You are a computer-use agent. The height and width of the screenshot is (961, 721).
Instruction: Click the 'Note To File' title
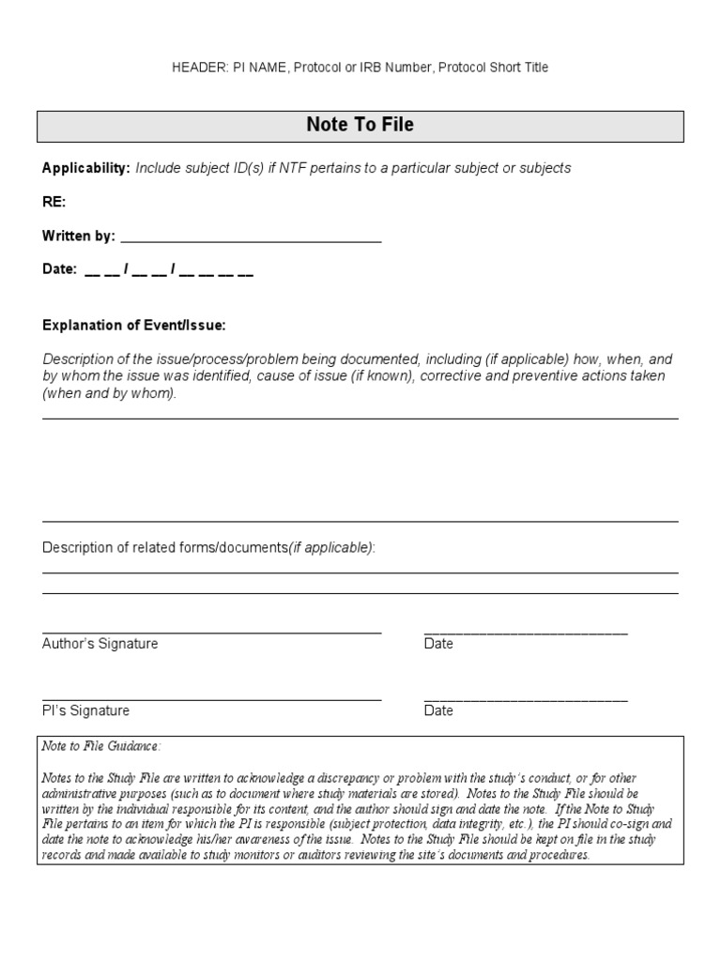[x=360, y=125]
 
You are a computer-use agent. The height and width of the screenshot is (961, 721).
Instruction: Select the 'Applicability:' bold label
[x=86, y=168]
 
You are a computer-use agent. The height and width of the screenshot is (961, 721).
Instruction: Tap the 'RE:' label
[x=54, y=202]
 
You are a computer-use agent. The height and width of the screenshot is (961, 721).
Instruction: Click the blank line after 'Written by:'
[x=251, y=238]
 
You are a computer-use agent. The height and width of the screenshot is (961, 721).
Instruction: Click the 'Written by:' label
[x=78, y=236]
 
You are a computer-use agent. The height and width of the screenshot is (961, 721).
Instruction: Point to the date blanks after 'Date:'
[x=169, y=270]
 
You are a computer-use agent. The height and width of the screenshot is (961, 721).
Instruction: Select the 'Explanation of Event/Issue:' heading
[x=134, y=326]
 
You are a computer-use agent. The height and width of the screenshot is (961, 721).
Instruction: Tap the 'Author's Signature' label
[x=100, y=644]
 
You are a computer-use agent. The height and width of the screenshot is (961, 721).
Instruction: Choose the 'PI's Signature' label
[x=85, y=711]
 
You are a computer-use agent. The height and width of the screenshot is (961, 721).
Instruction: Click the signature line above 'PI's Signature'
[x=211, y=700]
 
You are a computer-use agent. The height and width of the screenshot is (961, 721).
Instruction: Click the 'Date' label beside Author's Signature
[x=438, y=644]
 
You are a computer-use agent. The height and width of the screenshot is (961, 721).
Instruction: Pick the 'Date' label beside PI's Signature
[x=438, y=711]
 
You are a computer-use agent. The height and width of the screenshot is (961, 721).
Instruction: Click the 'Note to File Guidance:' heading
[x=100, y=746]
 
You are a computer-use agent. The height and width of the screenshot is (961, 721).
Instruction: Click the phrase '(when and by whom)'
[x=109, y=393]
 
